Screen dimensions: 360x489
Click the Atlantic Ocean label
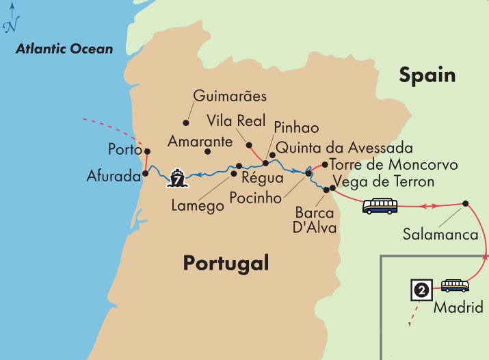[65, 49]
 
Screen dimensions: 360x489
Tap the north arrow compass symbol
[10, 20]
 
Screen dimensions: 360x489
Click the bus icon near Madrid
[455, 285]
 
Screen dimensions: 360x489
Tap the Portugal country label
[226, 263]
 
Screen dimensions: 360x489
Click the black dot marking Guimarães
[185, 123]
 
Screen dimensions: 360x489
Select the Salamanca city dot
[465, 203]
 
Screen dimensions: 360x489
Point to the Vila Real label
[235, 120]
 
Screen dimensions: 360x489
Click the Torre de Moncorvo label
[393, 165]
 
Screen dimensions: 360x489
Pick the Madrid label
[458, 307]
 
